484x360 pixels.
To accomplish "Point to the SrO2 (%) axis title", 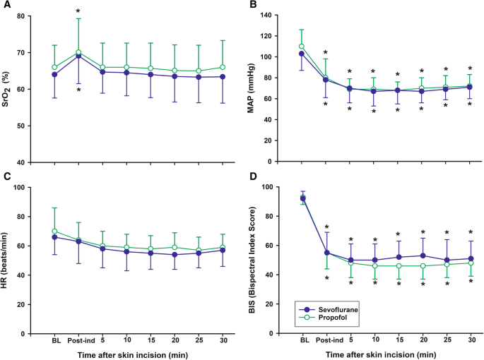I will click(8, 89).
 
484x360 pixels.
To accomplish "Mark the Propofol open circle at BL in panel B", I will click(302, 47).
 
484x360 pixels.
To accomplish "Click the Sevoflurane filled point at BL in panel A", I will click(54, 74).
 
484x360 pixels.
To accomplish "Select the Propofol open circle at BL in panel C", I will click(54, 232).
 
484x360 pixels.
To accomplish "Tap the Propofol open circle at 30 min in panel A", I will click(223, 67).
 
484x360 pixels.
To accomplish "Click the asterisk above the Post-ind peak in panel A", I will click(79, 12).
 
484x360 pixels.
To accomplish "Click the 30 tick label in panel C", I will click(223, 340).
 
